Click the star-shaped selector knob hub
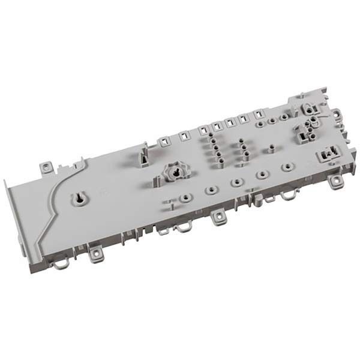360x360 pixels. coord(174,172)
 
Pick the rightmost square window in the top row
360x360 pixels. coord(259,114)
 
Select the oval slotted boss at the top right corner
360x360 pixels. coord(309,107)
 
